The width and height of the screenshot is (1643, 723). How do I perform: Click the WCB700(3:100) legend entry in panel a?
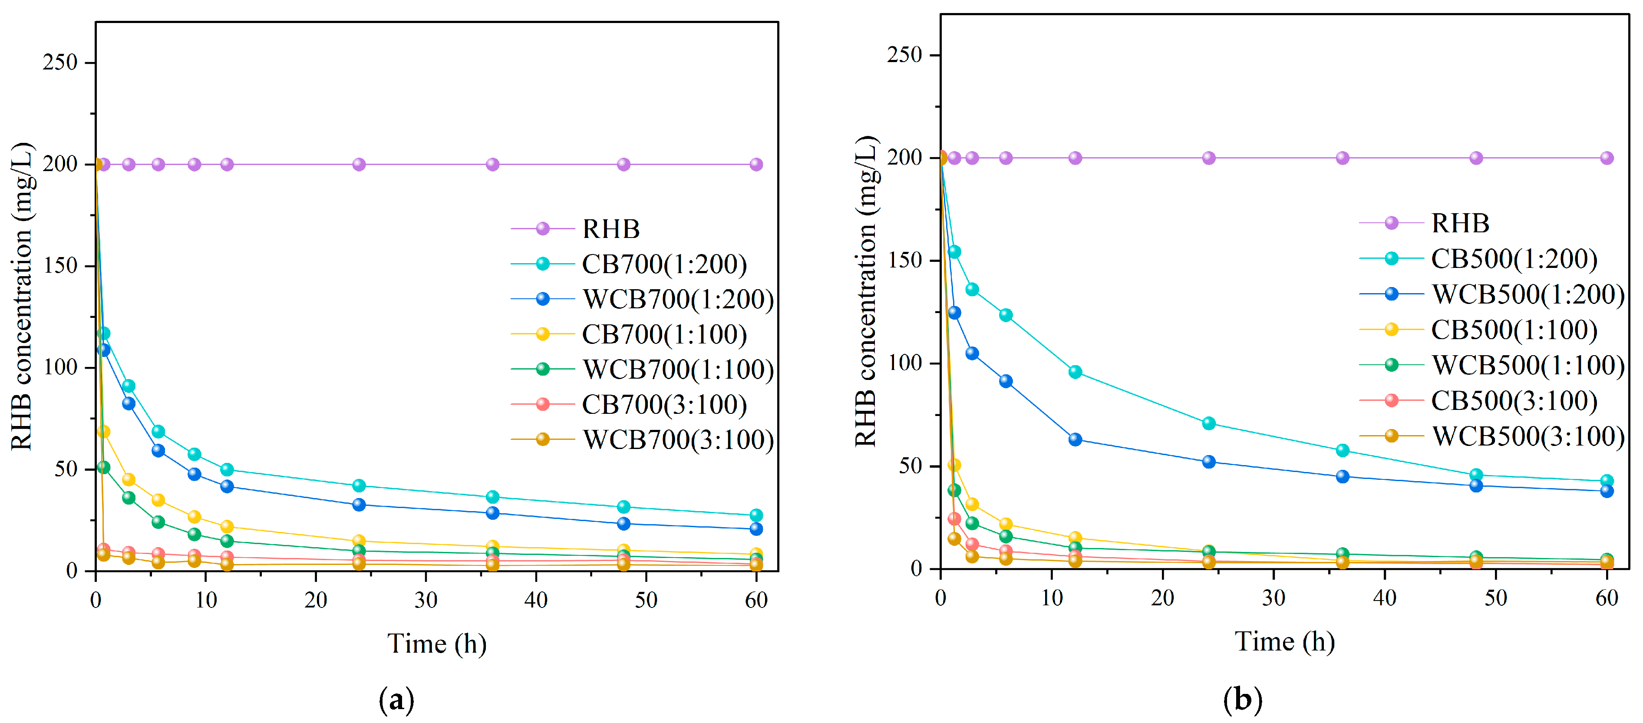(677, 440)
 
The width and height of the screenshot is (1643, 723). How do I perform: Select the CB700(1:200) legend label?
(664, 264)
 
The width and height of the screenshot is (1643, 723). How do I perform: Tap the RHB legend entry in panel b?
(1460, 223)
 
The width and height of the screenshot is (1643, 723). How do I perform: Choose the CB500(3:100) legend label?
(1514, 401)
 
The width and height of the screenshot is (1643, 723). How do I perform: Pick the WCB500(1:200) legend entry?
(1528, 294)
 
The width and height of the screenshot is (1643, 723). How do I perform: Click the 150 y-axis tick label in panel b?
(904, 261)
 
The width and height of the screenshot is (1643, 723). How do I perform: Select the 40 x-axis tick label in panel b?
(1384, 598)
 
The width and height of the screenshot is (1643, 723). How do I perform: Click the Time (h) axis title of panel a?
(437, 644)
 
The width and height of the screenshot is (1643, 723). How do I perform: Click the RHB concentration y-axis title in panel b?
(867, 291)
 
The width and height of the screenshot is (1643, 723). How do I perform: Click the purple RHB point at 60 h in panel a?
(756, 165)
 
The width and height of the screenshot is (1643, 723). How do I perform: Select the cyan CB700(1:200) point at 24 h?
(359, 485)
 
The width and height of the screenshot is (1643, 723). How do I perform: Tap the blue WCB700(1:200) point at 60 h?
(756, 529)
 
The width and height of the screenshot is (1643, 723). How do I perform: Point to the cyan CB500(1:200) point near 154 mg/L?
(954, 252)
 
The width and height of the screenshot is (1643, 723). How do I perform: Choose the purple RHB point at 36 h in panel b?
(1342, 158)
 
